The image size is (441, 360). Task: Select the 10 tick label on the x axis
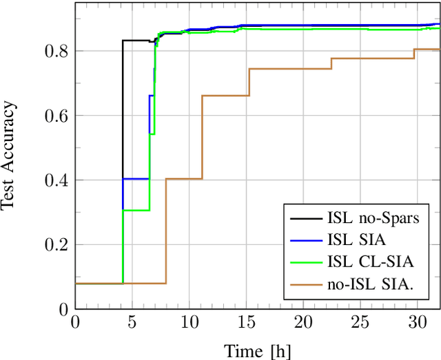pyautogui.click(x=189, y=322)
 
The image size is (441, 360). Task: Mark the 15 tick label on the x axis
pyautogui.click(x=246, y=322)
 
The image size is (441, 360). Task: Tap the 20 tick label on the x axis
pyautogui.click(x=303, y=322)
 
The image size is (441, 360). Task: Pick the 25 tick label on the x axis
pyautogui.click(x=360, y=322)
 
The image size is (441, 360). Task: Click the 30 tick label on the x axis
pyautogui.click(x=417, y=322)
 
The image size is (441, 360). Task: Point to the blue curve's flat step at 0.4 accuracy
pyautogui.click(x=136, y=179)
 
